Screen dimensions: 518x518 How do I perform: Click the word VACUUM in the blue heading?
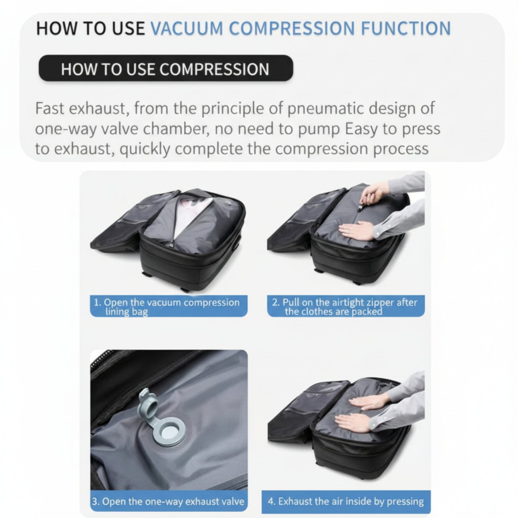186,29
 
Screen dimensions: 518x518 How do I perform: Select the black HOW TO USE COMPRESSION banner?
165,68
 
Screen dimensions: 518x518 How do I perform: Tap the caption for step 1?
168,306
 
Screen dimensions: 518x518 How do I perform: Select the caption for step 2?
346,306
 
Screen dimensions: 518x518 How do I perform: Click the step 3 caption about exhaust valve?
168,501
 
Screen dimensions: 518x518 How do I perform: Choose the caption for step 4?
346,501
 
